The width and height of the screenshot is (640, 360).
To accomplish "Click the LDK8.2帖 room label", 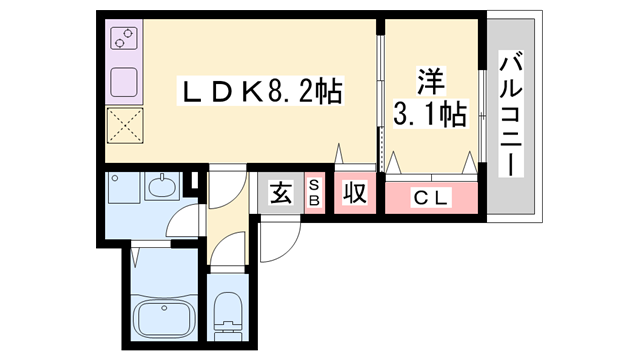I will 259,92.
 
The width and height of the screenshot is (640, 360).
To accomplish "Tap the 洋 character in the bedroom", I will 430,77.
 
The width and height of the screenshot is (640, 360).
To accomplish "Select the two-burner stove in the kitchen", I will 125,41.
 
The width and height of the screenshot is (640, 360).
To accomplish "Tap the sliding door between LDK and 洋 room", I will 380,95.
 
